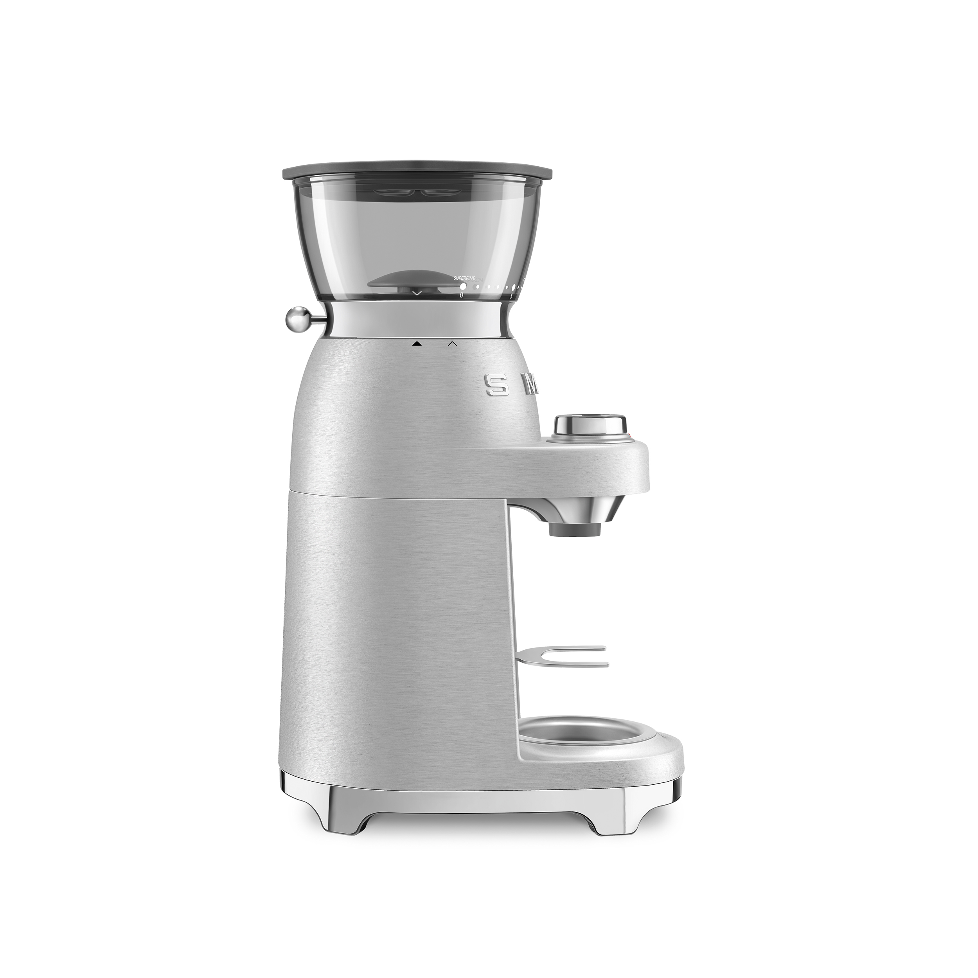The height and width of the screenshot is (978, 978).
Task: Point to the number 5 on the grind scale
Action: coord(511,296)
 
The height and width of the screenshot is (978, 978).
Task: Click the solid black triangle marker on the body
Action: coord(417,343)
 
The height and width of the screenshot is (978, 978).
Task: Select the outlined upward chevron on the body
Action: coord(453,343)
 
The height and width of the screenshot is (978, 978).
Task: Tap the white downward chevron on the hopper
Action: coord(416,293)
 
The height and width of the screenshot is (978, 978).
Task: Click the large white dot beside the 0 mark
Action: coord(463,286)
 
